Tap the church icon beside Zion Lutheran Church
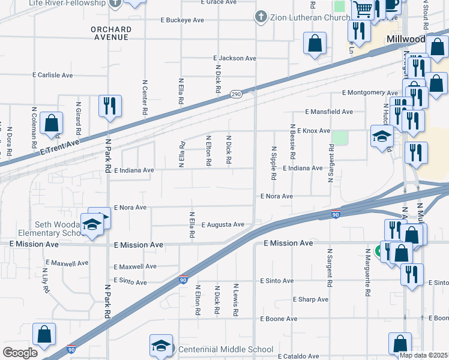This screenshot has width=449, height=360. (x=261, y=17)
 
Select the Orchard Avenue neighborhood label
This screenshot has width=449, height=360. (x=110, y=33)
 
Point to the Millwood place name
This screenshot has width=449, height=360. (x=406, y=39)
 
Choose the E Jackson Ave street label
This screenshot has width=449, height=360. (x=235, y=59)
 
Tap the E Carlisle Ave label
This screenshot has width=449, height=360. (x=53, y=76)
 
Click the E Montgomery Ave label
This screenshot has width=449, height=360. (x=370, y=93)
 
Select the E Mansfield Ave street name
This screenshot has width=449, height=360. (x=329, y=112)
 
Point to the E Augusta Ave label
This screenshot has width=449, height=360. (x=223, y=224)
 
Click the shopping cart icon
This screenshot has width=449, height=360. (x=363, y=9)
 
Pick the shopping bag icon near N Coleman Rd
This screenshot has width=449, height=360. (x=52, y=123)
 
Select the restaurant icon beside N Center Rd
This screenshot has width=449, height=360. (x=110, y=106)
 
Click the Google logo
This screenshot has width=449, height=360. (x=19, y=352)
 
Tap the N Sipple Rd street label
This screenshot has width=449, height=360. (x=274, y=163)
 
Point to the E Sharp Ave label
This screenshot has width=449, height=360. (x=311, y=299)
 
